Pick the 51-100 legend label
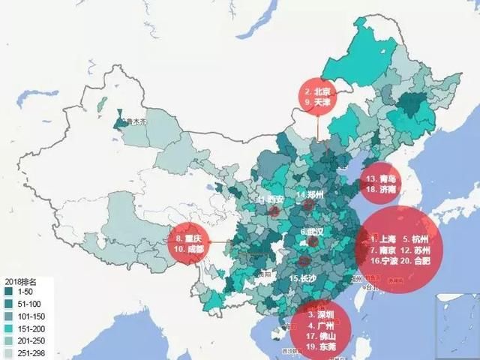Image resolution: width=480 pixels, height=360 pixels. pos(29,303)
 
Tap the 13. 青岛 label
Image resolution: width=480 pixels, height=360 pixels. pos(382,178)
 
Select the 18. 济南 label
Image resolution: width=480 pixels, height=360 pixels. pos(382,190)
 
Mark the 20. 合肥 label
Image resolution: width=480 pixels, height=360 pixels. pos(414,261)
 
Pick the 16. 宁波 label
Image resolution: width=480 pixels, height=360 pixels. pos(385,261)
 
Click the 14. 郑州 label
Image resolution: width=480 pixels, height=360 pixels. pos(311,195)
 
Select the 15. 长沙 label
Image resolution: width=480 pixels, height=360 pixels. pos(304,278)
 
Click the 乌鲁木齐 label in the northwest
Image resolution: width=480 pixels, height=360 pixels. pos(133,121)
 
